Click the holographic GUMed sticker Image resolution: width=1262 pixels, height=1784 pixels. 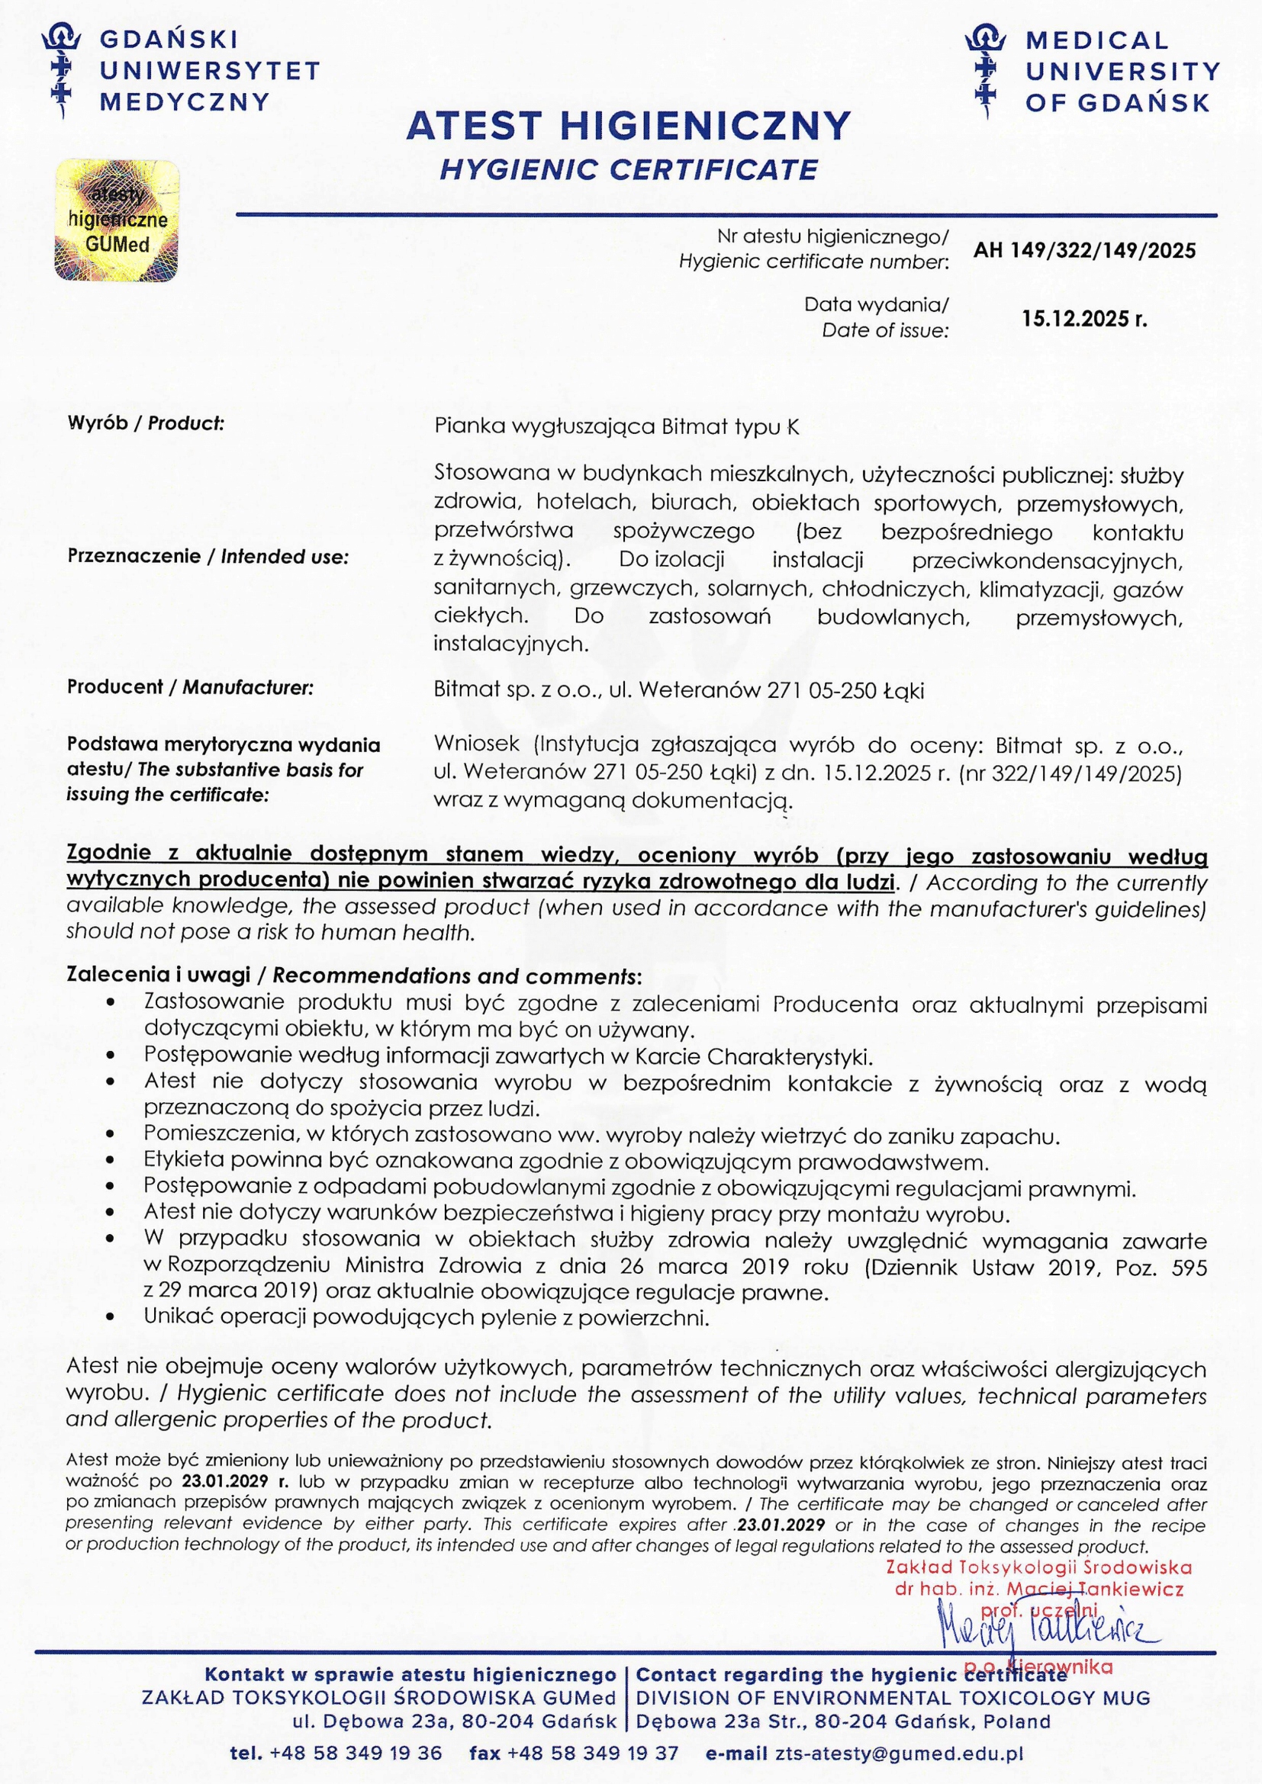(x=117, y=220)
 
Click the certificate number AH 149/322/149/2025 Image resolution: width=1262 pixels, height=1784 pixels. (x=1084, y=250)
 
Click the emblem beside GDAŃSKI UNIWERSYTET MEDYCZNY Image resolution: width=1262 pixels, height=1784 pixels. (x=62, y=70)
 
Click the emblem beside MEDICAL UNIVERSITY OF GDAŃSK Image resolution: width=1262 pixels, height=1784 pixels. (x=985, y=70)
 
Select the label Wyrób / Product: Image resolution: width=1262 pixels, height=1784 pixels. (x=145, y=423)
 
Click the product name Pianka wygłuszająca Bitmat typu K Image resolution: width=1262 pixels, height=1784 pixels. (x=616, y=426)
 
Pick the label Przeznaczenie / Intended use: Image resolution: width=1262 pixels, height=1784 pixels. (x=208, y=556)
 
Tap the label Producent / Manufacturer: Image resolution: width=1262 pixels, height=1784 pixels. (x=190, y=687)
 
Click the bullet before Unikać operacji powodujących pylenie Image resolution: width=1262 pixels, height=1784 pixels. (x=111, y=1319)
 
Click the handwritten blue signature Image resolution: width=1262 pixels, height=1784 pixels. (x=1049, y=1631)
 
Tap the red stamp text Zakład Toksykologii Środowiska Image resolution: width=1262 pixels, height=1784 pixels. (x=1038, y=1568)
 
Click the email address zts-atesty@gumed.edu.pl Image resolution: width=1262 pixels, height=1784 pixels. (x=899, y=1753)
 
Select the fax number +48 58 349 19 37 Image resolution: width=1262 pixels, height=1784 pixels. (x=592, y=1753)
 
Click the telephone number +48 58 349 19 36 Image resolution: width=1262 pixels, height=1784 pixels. (x=355, y=1753)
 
